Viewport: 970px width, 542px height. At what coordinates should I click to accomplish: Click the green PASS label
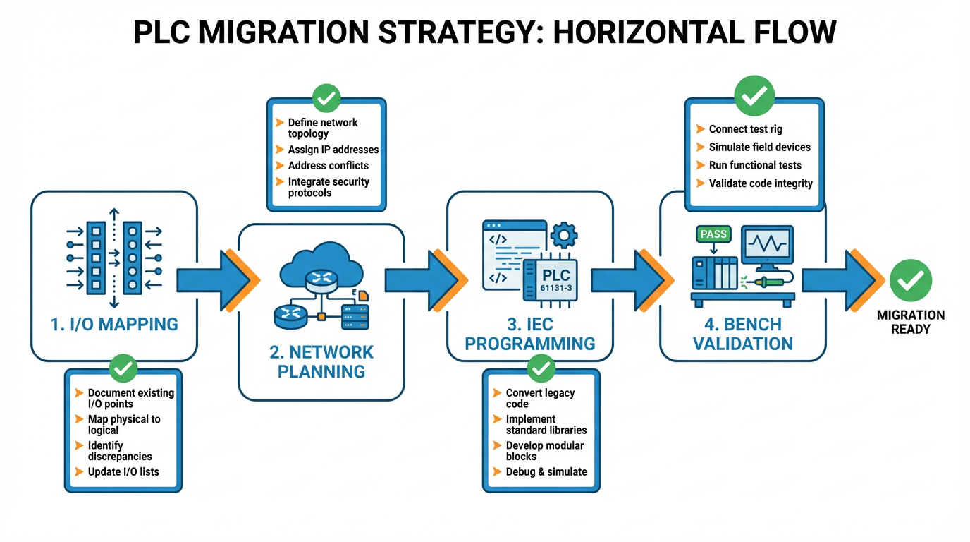tap(713, 234)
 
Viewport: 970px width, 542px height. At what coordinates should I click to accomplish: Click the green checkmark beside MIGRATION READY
tap(910, 280)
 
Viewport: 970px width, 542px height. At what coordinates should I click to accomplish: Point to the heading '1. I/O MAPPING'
tap(114, 324)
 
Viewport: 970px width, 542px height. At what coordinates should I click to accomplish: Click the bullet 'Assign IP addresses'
tap(333, 150)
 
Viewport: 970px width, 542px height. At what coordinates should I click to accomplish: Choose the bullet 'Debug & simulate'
tap(546, 471)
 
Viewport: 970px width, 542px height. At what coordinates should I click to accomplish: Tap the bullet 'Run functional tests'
tap(754, 165)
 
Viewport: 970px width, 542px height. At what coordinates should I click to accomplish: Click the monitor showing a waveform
tap(766, 247)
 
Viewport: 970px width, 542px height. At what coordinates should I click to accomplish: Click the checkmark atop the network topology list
tap(326, 99)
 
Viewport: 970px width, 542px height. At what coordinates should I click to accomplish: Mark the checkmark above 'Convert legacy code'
tap(541, 368)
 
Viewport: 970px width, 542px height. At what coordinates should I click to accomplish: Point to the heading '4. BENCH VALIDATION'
tap(742, 334)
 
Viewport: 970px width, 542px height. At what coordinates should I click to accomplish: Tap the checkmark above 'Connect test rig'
tap(754, 95)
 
